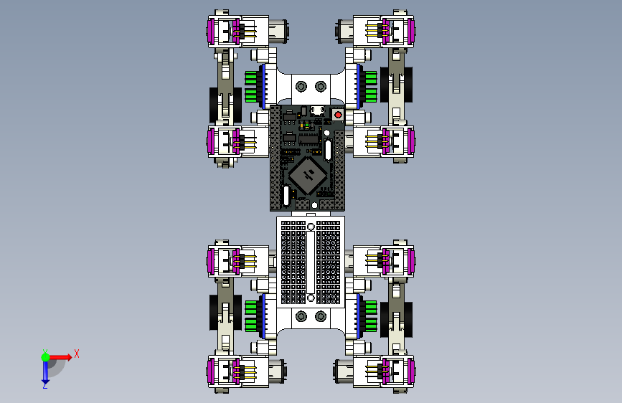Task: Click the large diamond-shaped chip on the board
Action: click(x=308, y=175)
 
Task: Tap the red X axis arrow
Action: click(x=60, y=357)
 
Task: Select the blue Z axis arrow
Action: click(x=46, y=371)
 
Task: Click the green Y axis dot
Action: click(x=46, y=357)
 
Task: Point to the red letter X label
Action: click(x=77, y=354)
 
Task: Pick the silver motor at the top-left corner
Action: click(x=278, y=31)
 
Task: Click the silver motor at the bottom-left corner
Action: click(x=278, y=371)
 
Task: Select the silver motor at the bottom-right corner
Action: click(x=344, y=371)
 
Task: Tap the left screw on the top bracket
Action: click(x=301, y=86)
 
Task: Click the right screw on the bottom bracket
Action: click(x=321, y=316)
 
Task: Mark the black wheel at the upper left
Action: click(x=225, y=105)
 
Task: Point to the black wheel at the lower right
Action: click(x=396, y=320)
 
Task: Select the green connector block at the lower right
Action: click(x=370, y=316)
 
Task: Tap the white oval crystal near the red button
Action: click(x=328, y=150)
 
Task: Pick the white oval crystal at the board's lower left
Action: click(x=286, y=195)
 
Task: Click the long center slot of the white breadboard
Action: click(x=311, y=262)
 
